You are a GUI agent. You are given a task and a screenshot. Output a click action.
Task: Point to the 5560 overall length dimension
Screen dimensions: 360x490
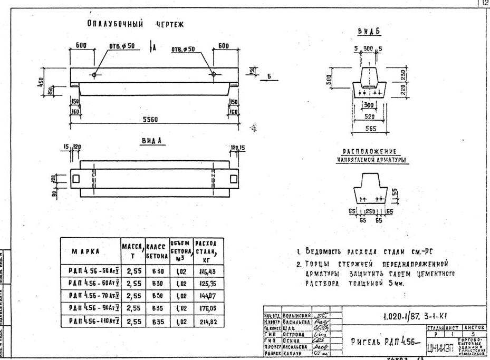tap(152, 120)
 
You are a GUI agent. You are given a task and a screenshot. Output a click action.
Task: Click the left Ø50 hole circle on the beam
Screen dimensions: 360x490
tap(94, 74)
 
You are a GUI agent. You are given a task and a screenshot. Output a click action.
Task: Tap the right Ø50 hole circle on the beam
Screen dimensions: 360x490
tap(213, 74)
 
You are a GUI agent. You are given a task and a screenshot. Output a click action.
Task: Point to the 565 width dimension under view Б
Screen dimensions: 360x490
tap(369, 128)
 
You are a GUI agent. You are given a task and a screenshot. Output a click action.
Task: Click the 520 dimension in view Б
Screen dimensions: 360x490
tap(369, 116)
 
